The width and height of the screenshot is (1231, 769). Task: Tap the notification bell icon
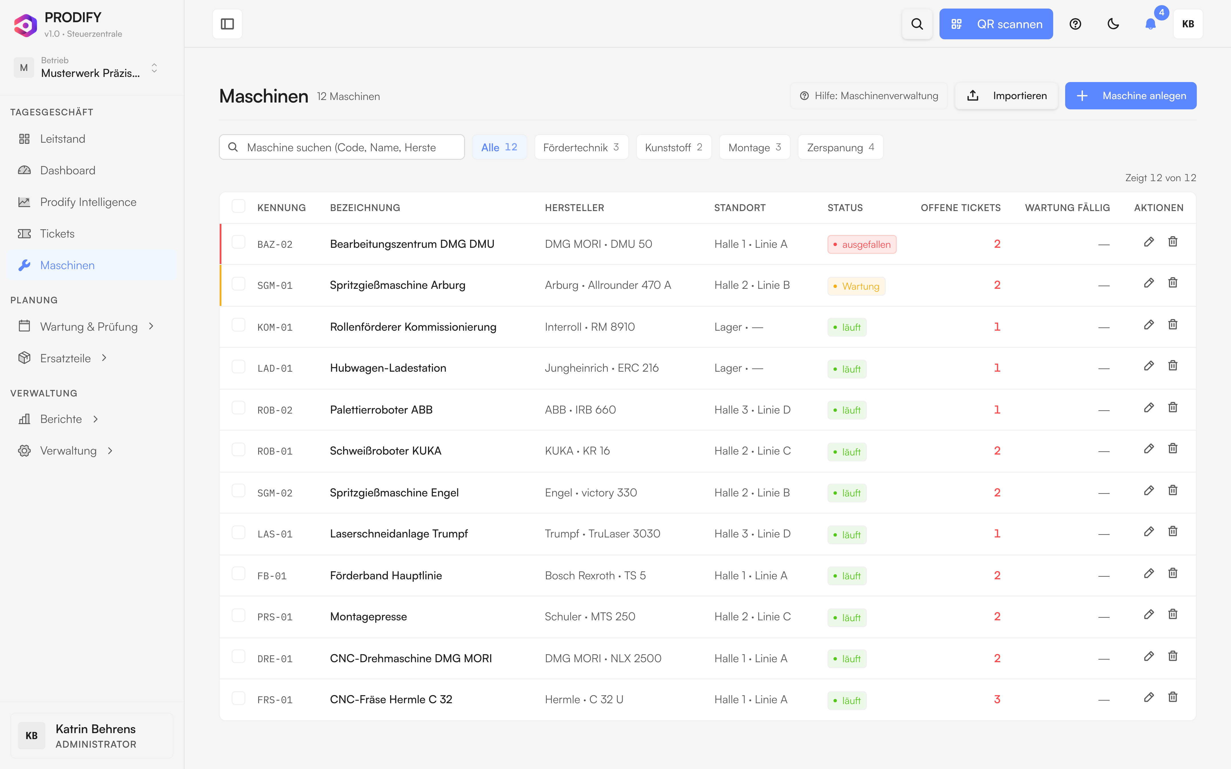1150,24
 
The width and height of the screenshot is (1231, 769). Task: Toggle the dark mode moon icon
1113,24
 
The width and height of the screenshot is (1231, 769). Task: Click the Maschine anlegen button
1130,96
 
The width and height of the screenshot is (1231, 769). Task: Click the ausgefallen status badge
862,244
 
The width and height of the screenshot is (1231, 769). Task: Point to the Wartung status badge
856,286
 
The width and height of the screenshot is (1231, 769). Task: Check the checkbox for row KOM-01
238,325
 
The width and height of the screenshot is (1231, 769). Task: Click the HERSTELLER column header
574,208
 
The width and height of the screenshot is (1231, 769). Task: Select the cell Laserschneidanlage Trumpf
399,533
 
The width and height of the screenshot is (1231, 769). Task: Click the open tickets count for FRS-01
997,699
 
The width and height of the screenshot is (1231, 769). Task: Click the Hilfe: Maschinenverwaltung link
869,96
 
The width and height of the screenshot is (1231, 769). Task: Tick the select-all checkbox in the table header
238,206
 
